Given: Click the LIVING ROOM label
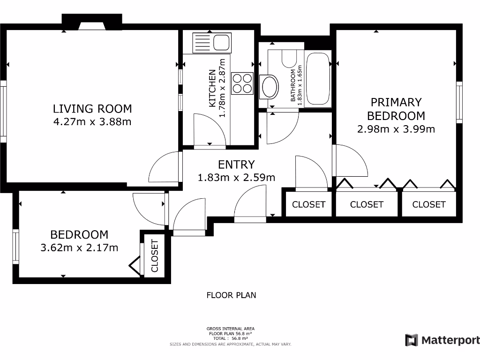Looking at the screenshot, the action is coord(92,109).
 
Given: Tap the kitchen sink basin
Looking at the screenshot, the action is coord(221,42).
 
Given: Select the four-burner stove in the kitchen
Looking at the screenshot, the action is coord(242,83).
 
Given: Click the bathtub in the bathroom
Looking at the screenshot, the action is coord(318,79).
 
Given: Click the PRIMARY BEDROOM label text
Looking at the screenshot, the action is coord(396,109).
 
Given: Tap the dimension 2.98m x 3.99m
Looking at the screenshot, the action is coord(396,129).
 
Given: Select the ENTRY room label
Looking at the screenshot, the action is coord(236,165).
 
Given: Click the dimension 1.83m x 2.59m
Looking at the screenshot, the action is coord(236,178).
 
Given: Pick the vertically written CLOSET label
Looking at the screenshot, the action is coord(155,256).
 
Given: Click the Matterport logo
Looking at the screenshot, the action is coord(442,340).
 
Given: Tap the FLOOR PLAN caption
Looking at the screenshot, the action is coord(232,295).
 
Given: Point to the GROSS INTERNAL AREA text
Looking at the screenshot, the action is coord(231,329).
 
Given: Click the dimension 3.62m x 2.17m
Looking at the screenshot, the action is coord(79,247).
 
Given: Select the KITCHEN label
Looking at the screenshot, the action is coord(212,89).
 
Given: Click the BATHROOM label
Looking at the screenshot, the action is coord(293,85).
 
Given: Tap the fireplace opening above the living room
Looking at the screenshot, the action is coord(92,26).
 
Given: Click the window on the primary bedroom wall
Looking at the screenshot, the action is coord(459,103).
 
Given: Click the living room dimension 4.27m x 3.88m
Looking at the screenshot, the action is coord(92,122).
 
